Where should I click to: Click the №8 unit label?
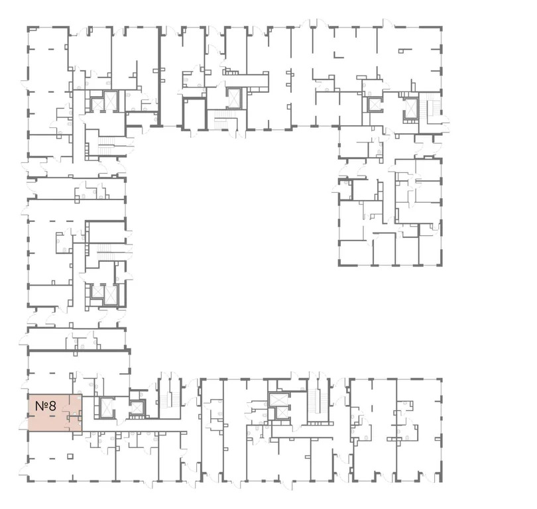(x=46, y=404)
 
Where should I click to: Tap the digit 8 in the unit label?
(x=52, y=404)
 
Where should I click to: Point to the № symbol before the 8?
(x=40, y=404)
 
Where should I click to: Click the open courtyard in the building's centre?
(x=232, y=252)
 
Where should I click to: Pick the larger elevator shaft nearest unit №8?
(x=106, y=406)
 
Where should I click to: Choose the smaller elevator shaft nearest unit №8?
(x=137, y=408)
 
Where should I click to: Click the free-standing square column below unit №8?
(x=70, y=456)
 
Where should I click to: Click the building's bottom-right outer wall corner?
(x=441, y=481)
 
